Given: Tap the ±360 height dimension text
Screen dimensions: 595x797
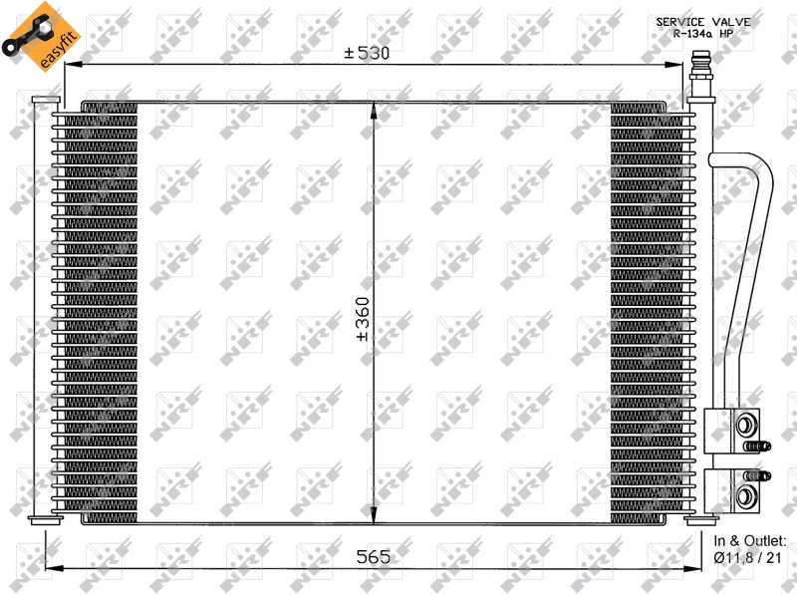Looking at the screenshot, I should pos(364,319).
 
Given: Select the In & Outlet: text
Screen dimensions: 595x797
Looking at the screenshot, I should pos(750,541).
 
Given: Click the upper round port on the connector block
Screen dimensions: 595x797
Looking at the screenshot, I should pos(744,426).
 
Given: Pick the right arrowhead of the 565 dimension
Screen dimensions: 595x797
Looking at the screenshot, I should pos(694,568).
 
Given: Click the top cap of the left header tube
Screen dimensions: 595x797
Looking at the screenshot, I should pos(45,100).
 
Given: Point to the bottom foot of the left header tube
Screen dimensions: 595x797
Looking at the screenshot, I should pos(45,518).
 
